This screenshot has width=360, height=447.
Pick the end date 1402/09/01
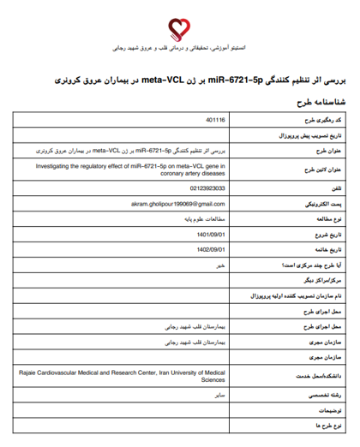coord(210,249)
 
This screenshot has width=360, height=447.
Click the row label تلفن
coord(337,188)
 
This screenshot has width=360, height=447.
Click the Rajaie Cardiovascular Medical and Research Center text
coord(128,373)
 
